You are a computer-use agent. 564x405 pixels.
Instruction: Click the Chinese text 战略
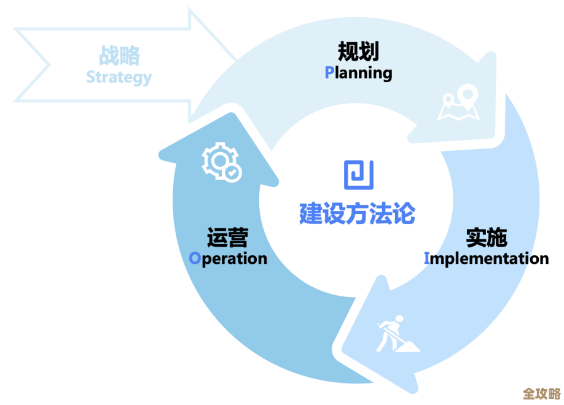(119, 56)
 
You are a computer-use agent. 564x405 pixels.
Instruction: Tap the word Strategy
(119, 77)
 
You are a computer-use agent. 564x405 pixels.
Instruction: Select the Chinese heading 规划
(358, 52)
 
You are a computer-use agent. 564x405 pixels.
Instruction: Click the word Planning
(358, 73)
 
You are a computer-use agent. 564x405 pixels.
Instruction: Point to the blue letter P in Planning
(329, 72)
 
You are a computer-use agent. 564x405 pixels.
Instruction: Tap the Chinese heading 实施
(486, 237)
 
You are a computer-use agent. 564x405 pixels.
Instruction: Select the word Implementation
(486, 258)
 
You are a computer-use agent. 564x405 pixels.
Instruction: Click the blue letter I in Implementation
(427, 258)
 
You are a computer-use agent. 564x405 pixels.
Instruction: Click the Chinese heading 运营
(227, 237)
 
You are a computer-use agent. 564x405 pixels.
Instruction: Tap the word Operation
(228, 258)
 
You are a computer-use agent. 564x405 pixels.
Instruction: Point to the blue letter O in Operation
(195, 258)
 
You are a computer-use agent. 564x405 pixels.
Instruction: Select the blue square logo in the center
(358, 174)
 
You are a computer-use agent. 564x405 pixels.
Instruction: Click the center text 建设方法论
(357, 214)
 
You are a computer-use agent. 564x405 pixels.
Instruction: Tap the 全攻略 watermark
(541, 393)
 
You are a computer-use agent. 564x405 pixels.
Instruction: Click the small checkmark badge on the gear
(232, 173)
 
